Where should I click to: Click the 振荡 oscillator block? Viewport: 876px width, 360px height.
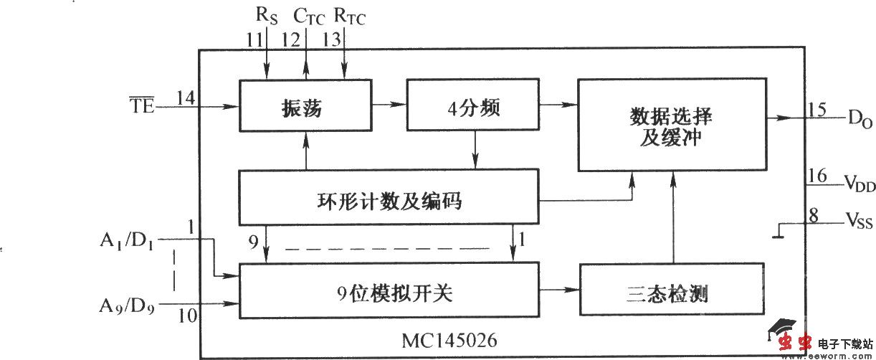click(305, 106)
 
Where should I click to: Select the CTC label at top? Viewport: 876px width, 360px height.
click(309, 16)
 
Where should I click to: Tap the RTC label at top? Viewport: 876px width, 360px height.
click(349, 16)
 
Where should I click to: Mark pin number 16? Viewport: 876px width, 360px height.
click(816, 175)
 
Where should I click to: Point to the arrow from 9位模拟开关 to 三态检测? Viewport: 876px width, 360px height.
click(558, 290)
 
